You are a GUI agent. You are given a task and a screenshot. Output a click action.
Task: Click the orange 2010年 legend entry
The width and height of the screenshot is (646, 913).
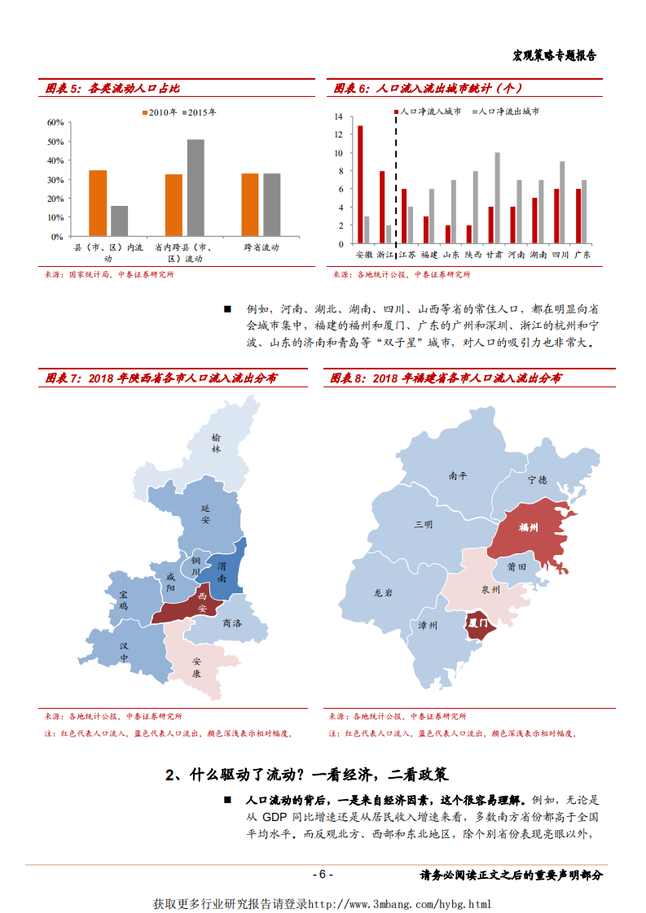click(x=160, y=112)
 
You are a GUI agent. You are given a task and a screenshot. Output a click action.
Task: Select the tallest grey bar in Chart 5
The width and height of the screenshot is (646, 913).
click(x=196, y=187)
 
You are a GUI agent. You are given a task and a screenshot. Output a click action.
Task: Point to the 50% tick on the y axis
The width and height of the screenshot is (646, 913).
click(x=55, y=142)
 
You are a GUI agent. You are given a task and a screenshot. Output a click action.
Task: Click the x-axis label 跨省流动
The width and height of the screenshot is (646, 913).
click(x=262, y=247)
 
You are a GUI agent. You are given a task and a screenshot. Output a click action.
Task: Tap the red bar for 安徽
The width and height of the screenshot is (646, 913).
click(x=360, y=184)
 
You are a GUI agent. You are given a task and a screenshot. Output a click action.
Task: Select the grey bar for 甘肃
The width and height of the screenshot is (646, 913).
click(x=497, y=198)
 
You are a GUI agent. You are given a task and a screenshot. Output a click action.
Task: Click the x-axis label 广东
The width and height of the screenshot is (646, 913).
click(x=582, y=254)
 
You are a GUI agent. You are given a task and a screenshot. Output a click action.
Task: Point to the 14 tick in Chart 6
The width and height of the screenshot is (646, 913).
click(x=338, y=116)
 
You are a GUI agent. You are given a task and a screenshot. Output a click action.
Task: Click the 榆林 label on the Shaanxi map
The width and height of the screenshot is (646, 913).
click(x=216, y=442)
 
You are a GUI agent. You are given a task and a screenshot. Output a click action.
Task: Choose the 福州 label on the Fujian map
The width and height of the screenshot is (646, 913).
click(x=529, y=527)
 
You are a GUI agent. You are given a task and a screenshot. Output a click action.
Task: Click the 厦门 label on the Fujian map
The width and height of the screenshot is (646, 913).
click(x=478, y=623)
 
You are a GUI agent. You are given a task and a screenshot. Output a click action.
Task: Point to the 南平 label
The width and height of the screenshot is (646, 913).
click(x=458, y=476)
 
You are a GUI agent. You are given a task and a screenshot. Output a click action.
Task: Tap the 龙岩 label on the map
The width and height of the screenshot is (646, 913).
click(x=383, y=593)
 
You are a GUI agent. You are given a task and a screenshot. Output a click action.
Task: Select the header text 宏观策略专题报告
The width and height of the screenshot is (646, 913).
click(x=554, y=55)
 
